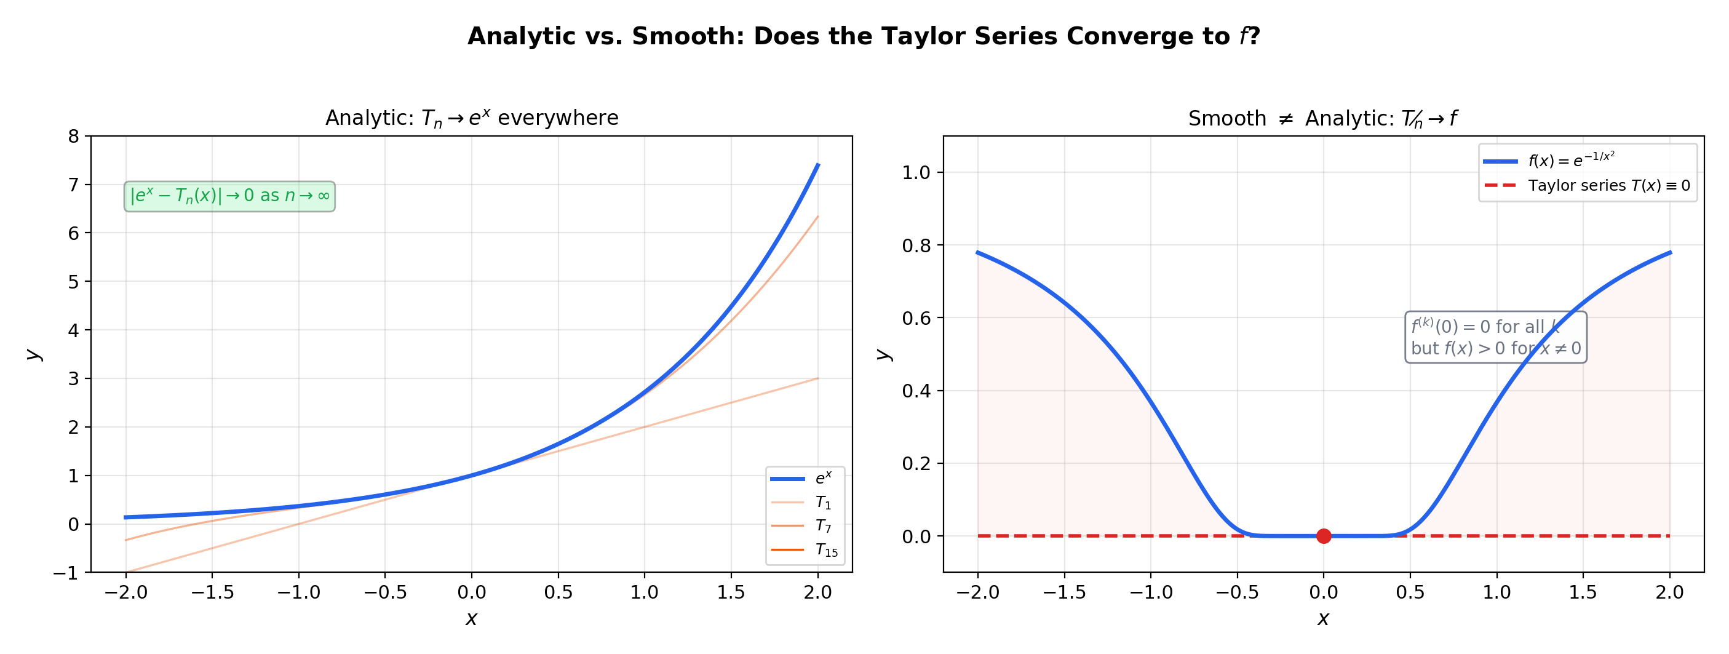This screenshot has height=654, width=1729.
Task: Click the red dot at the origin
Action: point(1323,536)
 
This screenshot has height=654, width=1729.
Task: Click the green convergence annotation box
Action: point(229,196)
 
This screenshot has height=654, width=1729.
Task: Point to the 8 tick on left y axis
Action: point(74,137)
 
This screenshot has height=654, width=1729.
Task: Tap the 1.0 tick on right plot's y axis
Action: point(916,172)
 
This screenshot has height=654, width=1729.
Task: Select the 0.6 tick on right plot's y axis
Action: point(916,318)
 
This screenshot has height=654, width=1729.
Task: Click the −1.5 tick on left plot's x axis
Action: point(212,592)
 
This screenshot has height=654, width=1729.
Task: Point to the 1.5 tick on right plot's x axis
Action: point(1583,592)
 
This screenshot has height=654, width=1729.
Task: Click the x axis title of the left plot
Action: point(471,618)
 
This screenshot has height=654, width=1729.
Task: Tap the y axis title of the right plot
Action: point(884,354)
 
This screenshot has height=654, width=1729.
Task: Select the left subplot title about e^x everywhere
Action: point(471,118)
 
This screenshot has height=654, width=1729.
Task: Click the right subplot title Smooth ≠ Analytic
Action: point(1322,119)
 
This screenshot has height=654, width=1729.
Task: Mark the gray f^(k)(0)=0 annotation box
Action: point(1495,337)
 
